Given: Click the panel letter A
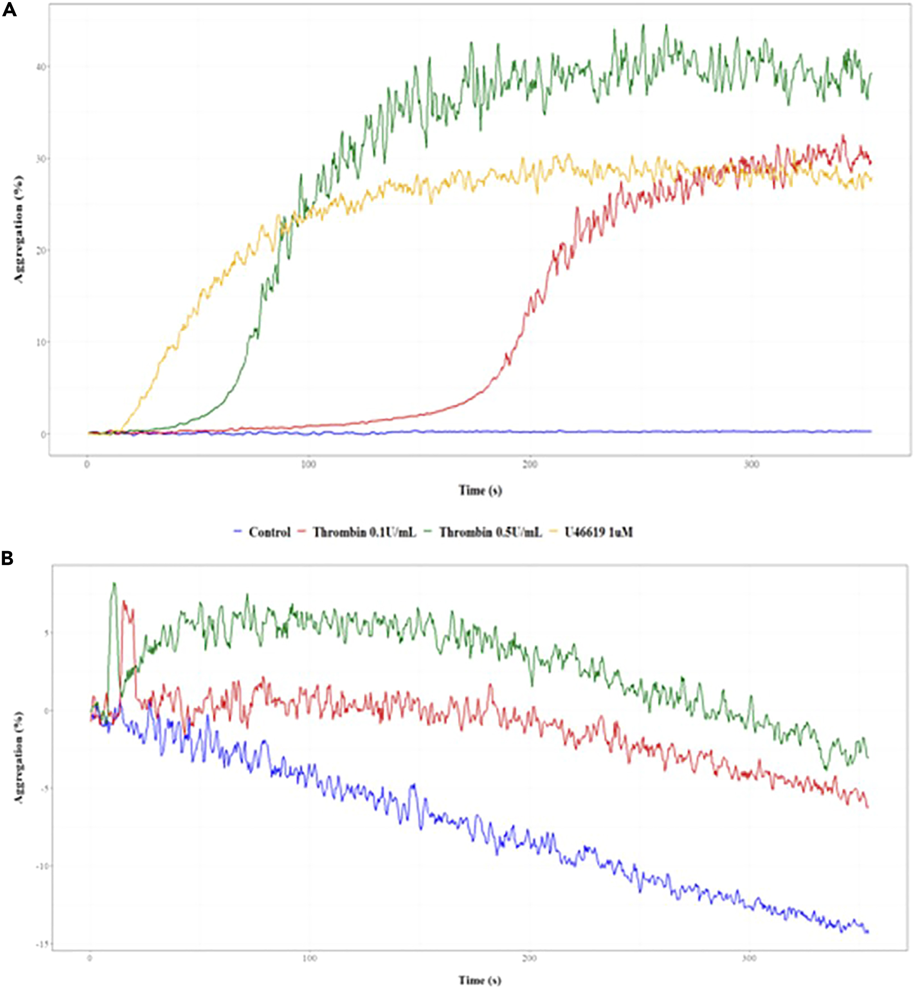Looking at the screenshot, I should (9, 10).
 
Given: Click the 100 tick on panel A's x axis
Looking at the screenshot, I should (308, 465).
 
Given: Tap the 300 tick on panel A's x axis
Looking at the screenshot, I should (751, 465).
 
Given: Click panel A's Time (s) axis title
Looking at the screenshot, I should (480, 491).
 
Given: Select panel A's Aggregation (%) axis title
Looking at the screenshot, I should (19, 229).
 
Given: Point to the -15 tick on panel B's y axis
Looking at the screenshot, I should (41, 944).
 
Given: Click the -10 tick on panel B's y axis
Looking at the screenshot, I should (41, 866).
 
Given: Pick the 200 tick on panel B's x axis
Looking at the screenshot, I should (529, 958).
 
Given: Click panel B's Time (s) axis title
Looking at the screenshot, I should (480, 980).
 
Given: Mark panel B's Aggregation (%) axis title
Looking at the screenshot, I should (19, 757).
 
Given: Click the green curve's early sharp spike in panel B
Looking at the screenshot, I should (114, 585).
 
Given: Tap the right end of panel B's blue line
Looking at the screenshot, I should (867, 932).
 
